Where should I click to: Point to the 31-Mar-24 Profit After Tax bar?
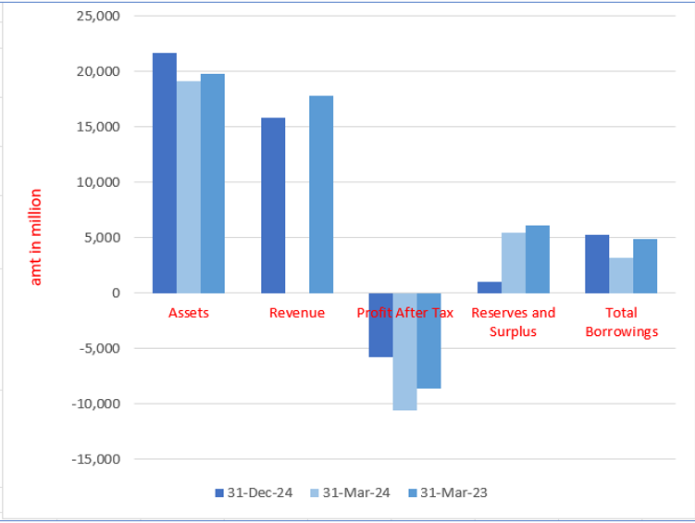tap(405, 351)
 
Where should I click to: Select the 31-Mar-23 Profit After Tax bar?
tap(428, 340)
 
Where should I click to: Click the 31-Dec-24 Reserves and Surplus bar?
tap(490, 287)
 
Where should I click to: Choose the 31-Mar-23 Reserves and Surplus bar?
tap(538, 259)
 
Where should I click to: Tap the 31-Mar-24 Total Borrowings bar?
tap(621, 275)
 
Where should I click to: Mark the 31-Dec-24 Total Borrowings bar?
tap(597, 264)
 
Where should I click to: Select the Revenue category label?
tap(297, 313)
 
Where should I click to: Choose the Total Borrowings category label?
tap(621, 322)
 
